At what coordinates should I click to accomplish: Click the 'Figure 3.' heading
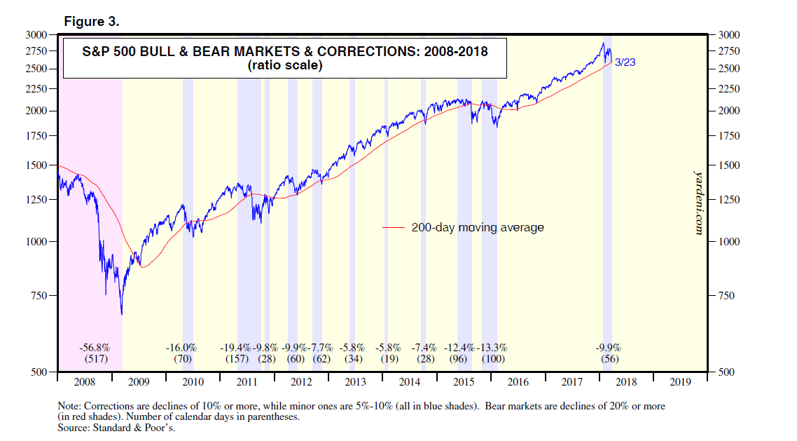[92, 22]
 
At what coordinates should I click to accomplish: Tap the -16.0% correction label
[181, 348]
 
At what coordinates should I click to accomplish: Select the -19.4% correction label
[236, 348]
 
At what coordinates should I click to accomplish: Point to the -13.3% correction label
[492, 348]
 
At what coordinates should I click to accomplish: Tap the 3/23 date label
[625, 62]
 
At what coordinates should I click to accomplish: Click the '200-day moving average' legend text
[478, 228]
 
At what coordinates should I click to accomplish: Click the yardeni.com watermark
[698, 200]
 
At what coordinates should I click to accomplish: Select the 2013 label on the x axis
[355, 382]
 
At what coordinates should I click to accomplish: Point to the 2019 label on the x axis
[680, 382]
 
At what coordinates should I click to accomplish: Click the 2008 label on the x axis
[83, 382]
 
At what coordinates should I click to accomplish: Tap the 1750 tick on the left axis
[36, 136]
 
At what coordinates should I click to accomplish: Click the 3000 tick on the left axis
[36, 34]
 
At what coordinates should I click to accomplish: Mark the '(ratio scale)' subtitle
[284, 66]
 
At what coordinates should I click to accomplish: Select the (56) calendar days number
[609, 359]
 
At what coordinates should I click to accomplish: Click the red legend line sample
[394, 228]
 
